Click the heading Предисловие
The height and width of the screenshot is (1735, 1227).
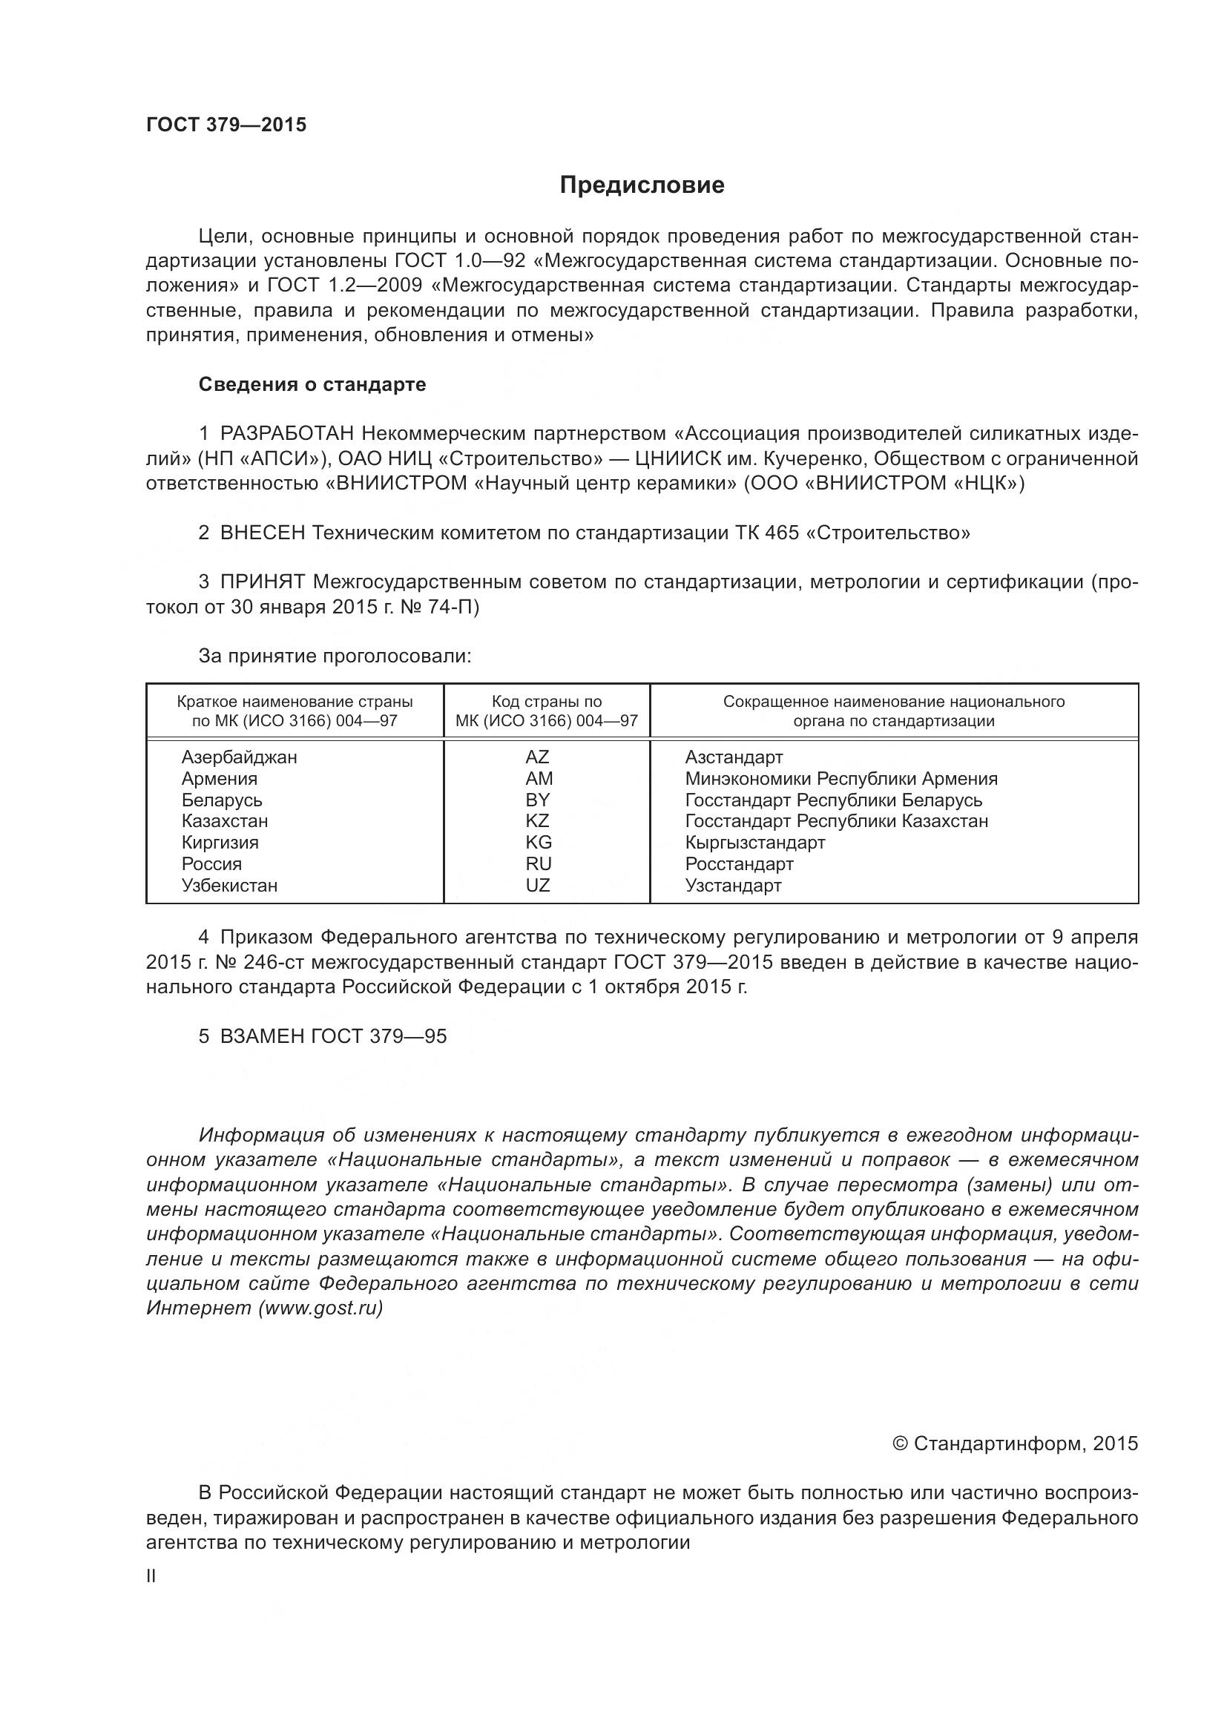[x=642, y=185]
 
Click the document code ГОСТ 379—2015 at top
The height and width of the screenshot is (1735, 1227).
[x=227, y=125]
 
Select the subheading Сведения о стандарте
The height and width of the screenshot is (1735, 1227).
[x=312, y=385]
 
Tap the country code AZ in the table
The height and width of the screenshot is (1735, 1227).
[x=537, y=757]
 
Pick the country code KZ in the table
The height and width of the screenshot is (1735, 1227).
[x=537, y=820]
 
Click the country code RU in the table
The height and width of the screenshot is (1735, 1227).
[x=539, y=863]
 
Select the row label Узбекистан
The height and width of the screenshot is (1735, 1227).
[x=229, y=886]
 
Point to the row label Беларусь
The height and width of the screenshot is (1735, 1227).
[x=221, y=800]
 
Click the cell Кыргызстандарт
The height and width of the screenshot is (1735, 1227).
[x=754, y=843]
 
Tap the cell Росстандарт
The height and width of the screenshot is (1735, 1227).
[x=739, y=863]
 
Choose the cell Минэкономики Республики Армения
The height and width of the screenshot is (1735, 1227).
[x=841, y=779]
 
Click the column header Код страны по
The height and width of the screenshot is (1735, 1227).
[x=546, y=702]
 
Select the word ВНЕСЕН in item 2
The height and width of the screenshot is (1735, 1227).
[x=263, y=533]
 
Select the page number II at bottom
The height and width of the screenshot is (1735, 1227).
[x=151, y=1576]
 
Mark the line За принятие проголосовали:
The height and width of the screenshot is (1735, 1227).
[x=335, y=656]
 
